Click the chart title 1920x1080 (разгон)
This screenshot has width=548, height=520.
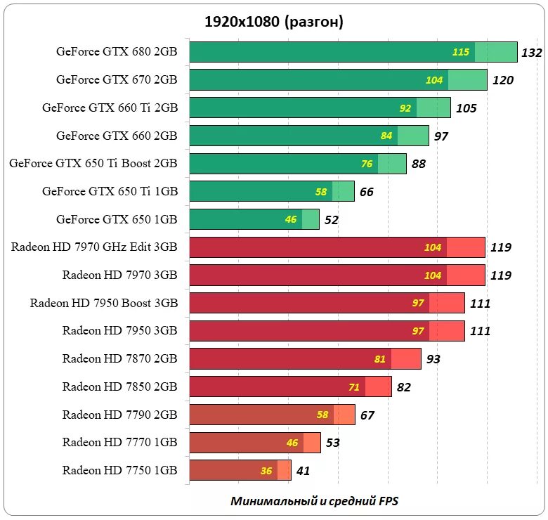[273, 22]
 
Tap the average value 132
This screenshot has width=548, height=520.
[533, 53]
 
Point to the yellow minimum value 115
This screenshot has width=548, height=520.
[461, 52]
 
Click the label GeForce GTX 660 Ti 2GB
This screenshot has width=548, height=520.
[110, 108]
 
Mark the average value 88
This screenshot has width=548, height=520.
[419, 164]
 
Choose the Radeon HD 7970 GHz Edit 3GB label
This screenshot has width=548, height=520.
[94, 247]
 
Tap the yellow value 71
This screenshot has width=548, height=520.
[353, 387]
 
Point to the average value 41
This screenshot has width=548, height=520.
[303, 471]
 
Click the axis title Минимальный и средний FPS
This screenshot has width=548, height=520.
[314, 501]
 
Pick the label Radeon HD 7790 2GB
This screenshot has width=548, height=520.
[119, 415]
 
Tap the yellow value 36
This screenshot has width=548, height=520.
[266, 471]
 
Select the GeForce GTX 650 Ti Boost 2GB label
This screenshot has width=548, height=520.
[93, 164]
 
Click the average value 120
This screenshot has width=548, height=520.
[502, 80]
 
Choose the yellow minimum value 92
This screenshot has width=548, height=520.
[405, 108]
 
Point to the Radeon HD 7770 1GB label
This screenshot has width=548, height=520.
[119, 443]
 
